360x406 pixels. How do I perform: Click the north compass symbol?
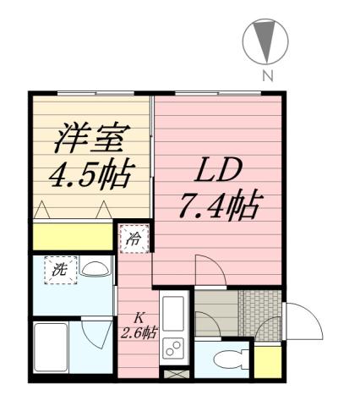265,42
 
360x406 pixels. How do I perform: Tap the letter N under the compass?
267,76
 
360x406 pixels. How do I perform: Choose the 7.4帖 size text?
219,206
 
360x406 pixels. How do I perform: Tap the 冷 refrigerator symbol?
133,239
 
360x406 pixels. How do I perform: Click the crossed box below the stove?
172,371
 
